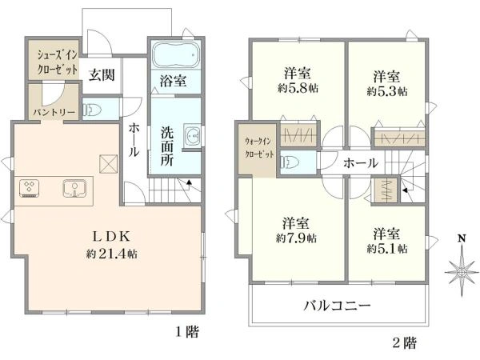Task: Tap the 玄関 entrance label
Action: [x=102, y=74]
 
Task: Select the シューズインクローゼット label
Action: [x=58, y=62]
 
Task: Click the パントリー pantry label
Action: [x=54, y=112]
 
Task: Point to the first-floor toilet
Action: [x=94, y=110]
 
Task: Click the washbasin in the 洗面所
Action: [x=192, y=134]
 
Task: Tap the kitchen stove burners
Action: [x=29, y=188]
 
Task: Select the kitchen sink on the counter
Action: [x=74, y=188]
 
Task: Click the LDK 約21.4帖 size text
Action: [x=112, y=254]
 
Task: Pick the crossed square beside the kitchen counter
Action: [x=108, y=164]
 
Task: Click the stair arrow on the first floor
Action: [x=189, y=182]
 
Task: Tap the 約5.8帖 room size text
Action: [x=298, y=89]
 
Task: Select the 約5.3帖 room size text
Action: [x=387, y=91]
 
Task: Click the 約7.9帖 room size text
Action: [x=296, y=238]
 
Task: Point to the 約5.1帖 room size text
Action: [x=387, y=248]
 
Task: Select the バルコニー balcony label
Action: [x=338, y=306]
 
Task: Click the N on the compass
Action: [x=462, y=238]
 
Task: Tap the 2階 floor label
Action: [x=404, y=342]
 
